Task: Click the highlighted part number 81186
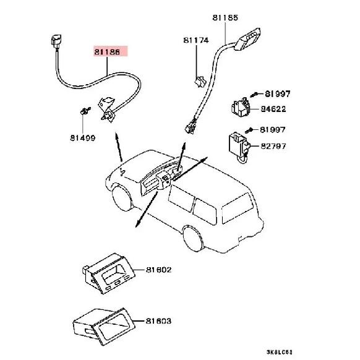click(107, 52)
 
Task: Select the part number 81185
click(225, 18)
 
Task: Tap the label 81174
click(196, 40)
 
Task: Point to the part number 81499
click(83, 138)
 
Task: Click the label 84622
click(273, 109)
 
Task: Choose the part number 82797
click(273, 146)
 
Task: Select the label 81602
click(158, 270)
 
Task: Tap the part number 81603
click(158, 321)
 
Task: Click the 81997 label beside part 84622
click(278, 93)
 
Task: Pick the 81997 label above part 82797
click(273, 130)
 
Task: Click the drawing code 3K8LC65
click(280, 352)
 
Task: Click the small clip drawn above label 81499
click(85, 111)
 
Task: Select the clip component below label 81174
click(200, 82)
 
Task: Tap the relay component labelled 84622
click(241, 107)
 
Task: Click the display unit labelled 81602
click(108, 273)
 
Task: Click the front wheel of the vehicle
click(122, 197)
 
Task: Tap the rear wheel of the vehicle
click(193, 238)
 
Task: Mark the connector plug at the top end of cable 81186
click(56, 41)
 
